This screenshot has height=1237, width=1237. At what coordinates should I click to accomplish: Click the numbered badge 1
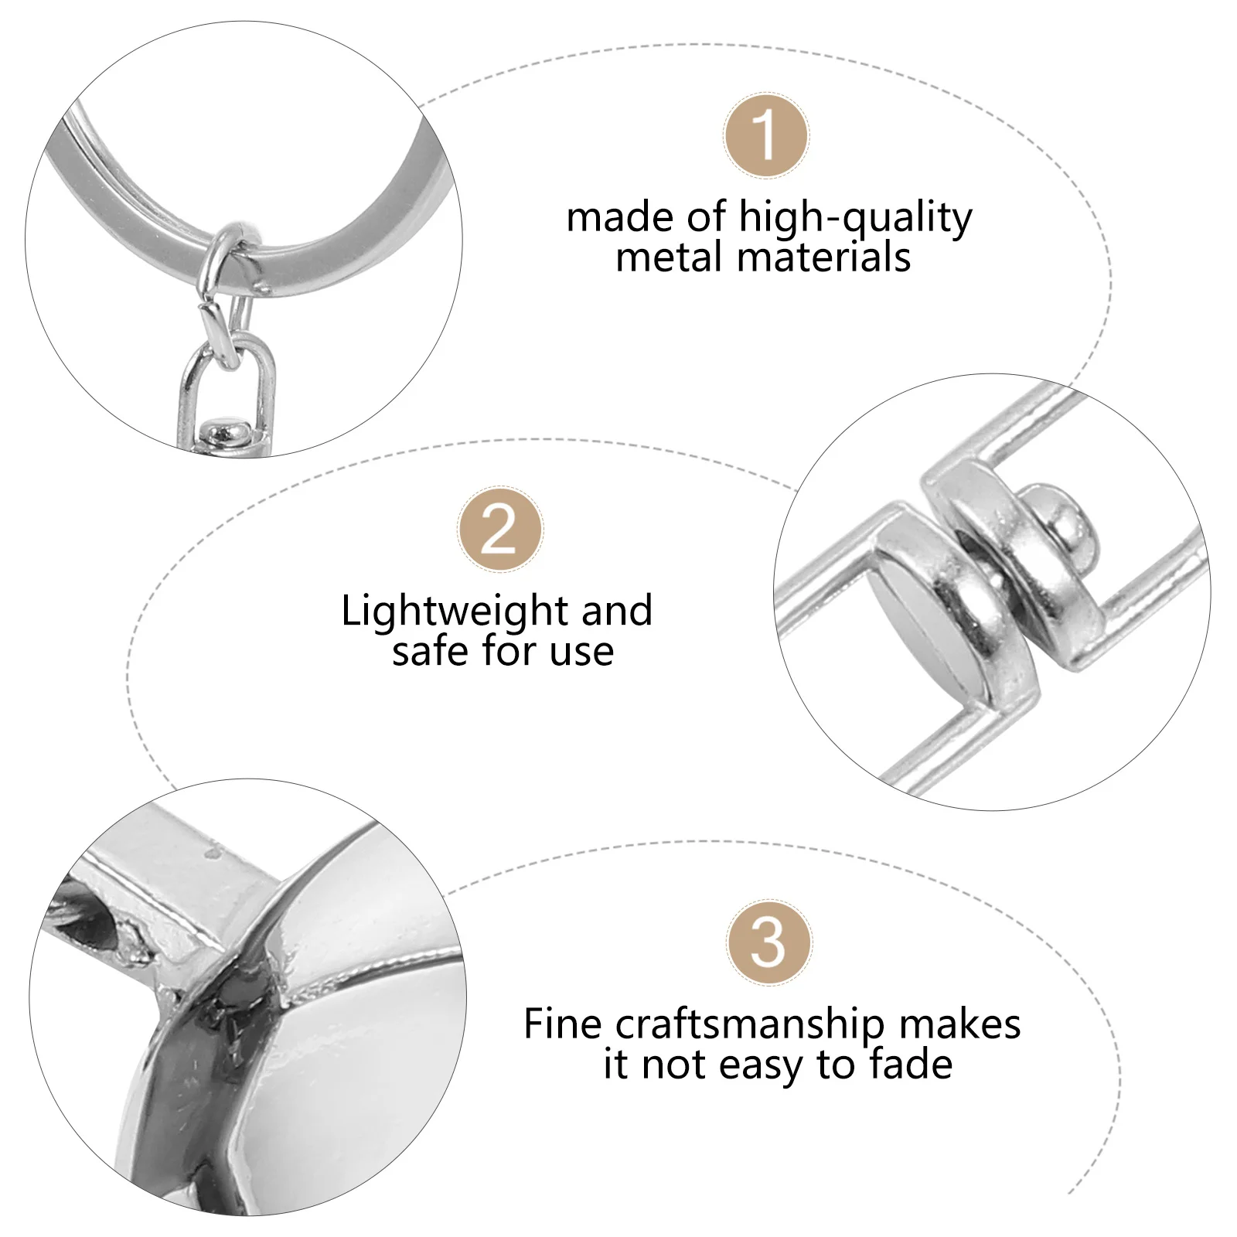click(x=765, y=135)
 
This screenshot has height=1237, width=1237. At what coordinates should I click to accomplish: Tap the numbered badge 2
click(x=500, y=530)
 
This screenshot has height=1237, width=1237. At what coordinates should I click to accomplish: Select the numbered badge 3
click(x=768, y=942)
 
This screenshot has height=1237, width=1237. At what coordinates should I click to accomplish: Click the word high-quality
click(x=855, y=218)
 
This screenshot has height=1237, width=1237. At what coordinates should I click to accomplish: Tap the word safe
click(x=431, y=652)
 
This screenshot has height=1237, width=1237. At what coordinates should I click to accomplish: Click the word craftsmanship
click(x=748, y=1026)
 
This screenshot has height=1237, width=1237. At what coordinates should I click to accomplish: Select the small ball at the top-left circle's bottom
click(x=224, y=429)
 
